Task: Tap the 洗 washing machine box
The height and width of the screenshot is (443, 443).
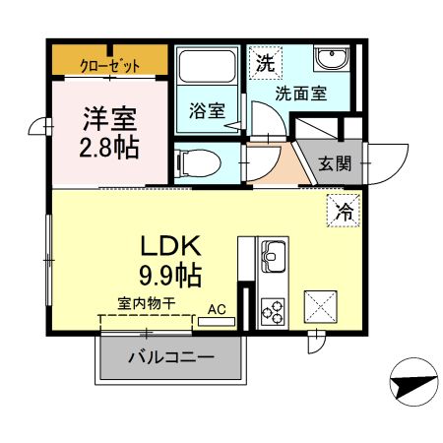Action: (x=266, y=64)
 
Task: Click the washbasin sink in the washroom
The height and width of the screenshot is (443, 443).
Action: (x=330, y=61)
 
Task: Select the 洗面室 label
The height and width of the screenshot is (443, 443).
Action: (x=300, y=95)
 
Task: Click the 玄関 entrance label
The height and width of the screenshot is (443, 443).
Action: (x=335, y=163)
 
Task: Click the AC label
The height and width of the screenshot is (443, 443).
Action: (x=217, y=309)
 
